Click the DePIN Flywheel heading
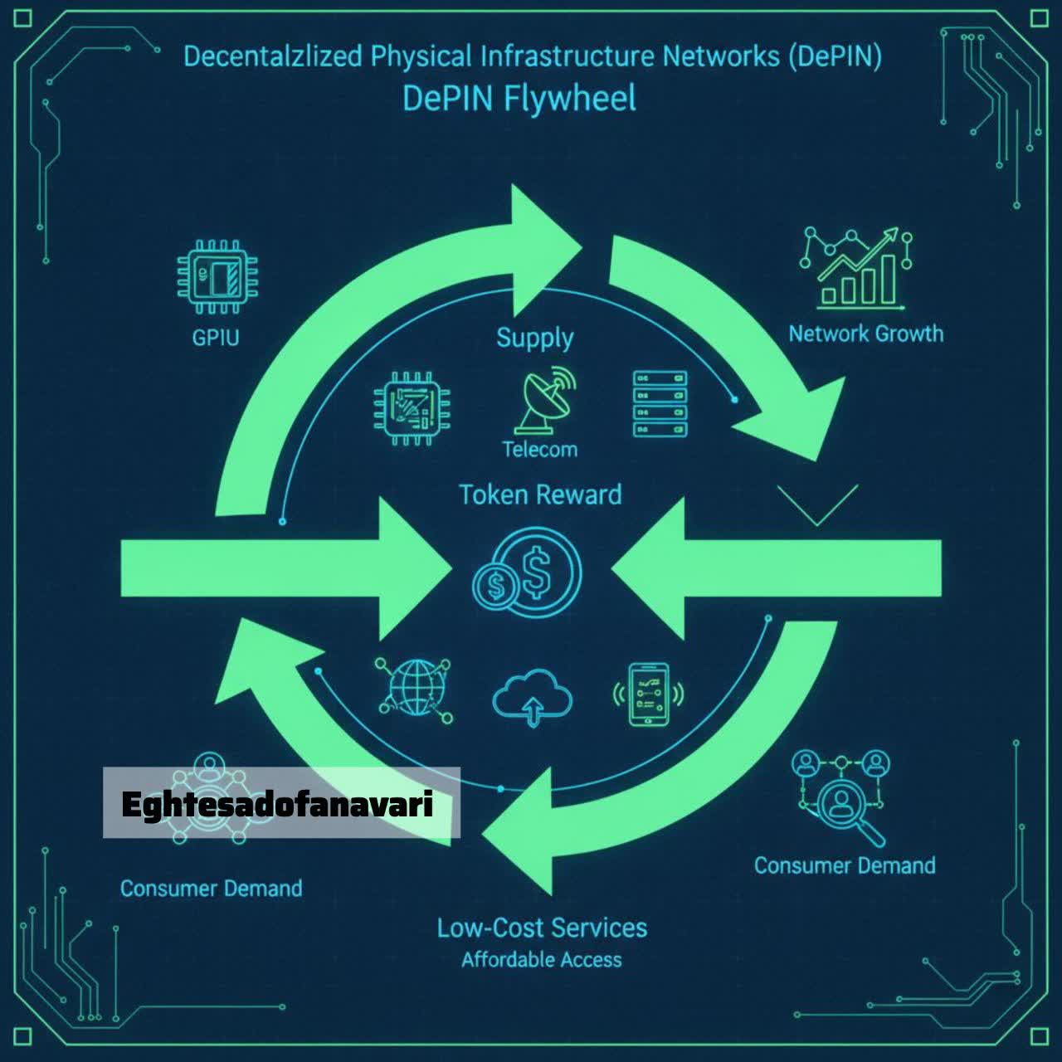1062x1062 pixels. (x=519, y=99)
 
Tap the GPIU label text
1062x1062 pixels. (x=216, y=338)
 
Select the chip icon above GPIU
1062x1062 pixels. (x=217, y=276)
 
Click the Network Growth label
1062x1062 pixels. (x=866, y=334)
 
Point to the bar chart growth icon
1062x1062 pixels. (x=855, y=267)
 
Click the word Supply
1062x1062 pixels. (x=534, y=339)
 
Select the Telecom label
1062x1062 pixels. (x=540, y=450)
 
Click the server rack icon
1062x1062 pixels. (x=660, y=404)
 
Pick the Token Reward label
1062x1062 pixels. (x=540, y=494)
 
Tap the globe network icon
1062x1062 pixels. (x=415, y=689)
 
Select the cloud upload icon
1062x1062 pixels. (x=533, y=697)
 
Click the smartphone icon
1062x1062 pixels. (x=649, y=694)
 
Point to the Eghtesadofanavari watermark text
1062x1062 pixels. (x=276, y=805)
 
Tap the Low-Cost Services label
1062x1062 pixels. (x=542, y=928)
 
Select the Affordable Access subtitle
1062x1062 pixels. (x=542, y=960)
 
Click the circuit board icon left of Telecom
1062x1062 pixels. (x=412, y=408)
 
